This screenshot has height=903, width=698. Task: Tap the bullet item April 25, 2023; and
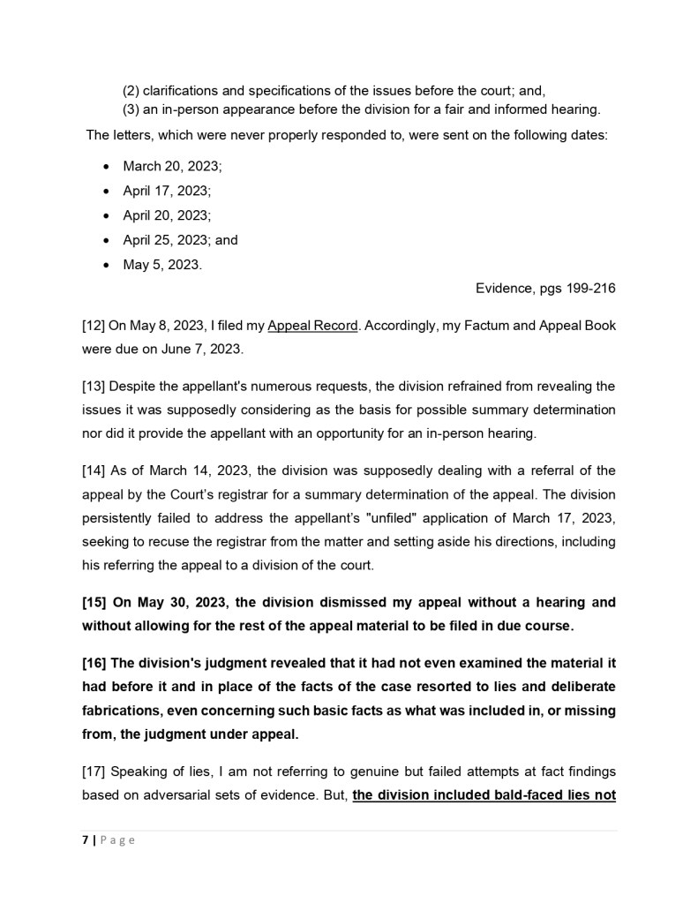tap(180, 240)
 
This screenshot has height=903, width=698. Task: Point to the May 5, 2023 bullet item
tap(162, 265)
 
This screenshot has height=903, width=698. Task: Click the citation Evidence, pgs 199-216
tap(545, 289)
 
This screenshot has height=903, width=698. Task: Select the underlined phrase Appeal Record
tap(312, 326)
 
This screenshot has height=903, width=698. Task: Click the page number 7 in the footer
tap(85, 840)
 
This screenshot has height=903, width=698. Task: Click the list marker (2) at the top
tap(131, 91)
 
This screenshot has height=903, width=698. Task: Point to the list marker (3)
tap(131, 109)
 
